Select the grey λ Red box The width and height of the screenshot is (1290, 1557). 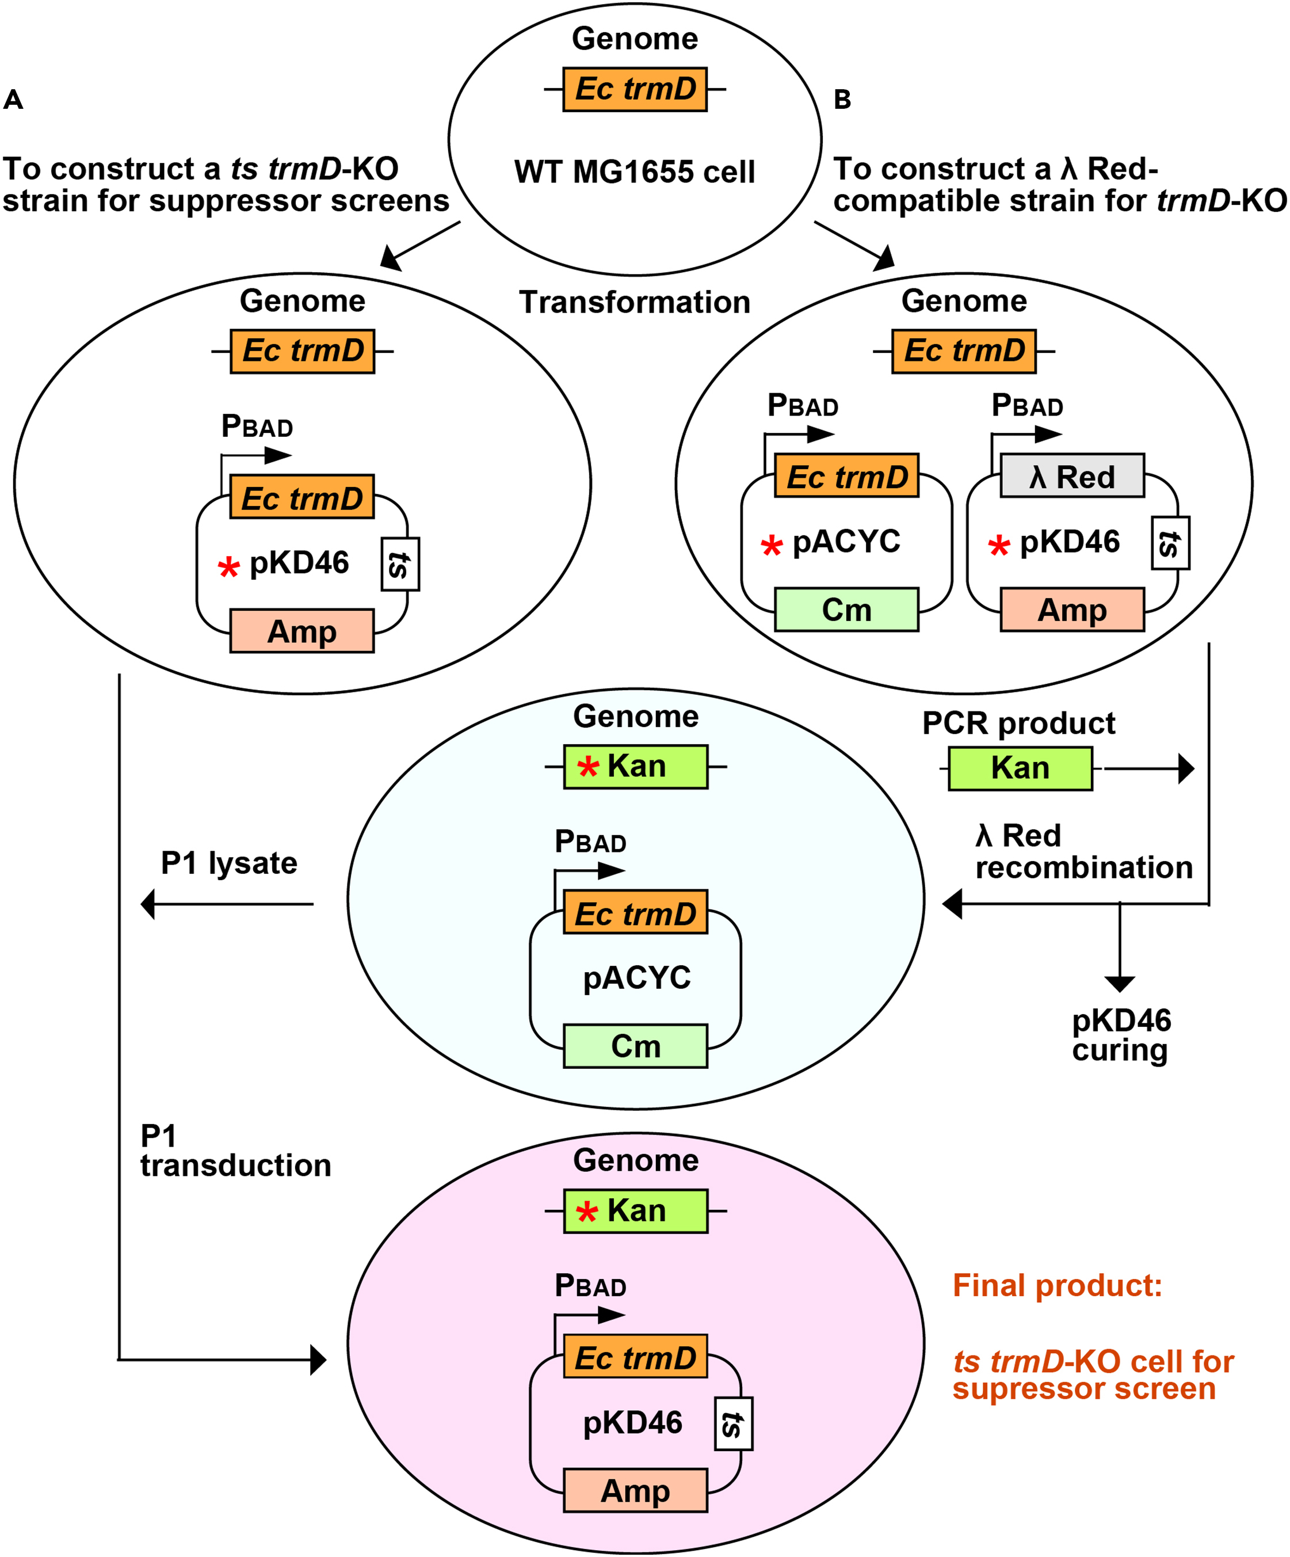[x=1071, y=476]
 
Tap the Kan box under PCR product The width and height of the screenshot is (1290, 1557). [x=1020, y=768]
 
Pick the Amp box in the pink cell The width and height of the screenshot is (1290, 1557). [x=635, y=1490]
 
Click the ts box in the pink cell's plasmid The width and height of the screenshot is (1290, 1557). [x=733, y=1423]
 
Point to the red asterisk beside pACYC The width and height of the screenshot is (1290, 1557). [x=772, y=546]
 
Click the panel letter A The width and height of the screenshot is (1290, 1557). [x=13, y=100]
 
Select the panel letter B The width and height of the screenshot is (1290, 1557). [x=842, y=100]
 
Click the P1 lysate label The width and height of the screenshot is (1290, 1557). [x=229, y=863]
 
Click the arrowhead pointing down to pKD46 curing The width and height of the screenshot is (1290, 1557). [x=1119, y=983]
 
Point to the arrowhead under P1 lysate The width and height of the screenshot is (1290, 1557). [x=148, y=904]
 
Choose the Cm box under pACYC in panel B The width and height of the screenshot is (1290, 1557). [x=846, y=610]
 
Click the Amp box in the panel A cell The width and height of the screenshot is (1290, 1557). [x=301, y=631]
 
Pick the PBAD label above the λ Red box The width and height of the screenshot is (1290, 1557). [x=1027, y=406]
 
